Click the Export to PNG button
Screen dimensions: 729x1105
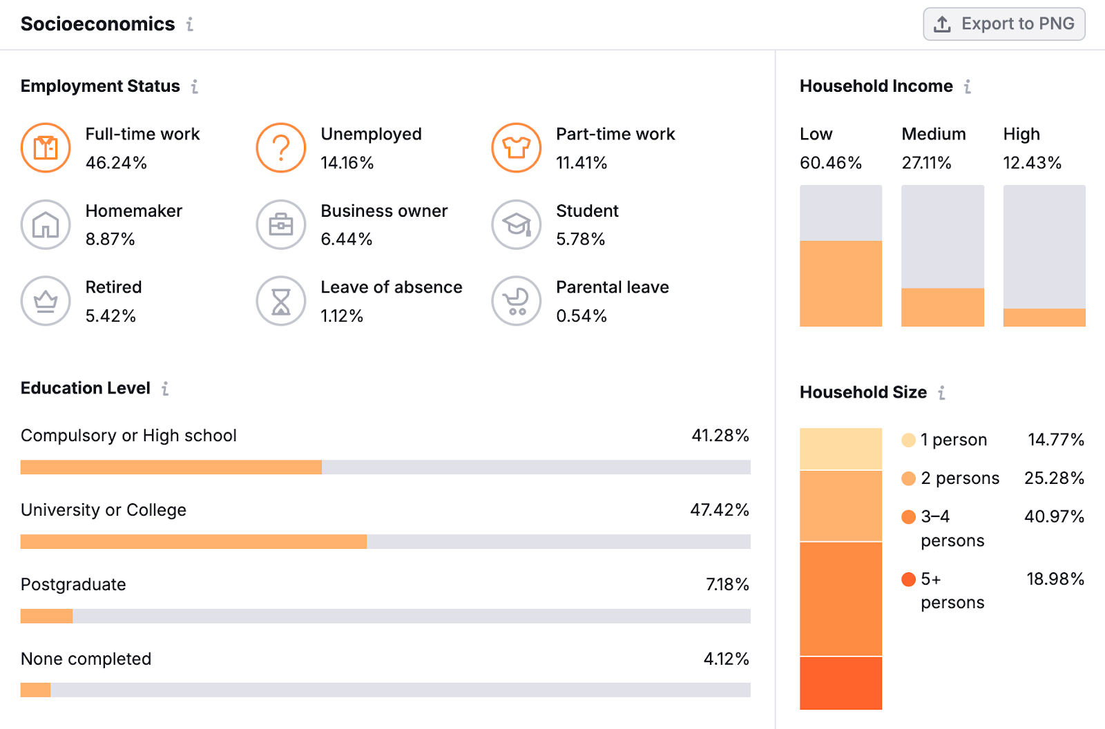click(x=1003, y=24)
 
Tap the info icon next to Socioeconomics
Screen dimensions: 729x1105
click(x=190, y=24)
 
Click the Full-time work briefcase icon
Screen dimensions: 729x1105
click(x=46, y=148)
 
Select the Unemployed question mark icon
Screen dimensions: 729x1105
click(x=281, y=148)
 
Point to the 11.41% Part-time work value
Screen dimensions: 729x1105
click(x=582, y=163)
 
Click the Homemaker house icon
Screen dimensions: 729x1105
click(x=46, y=224)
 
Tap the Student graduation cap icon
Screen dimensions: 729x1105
click(x=517, y=224)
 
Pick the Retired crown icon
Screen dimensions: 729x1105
click(x=46, y=301)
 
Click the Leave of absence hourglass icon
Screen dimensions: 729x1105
click(x=281, y=301)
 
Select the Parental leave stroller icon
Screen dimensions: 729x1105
click(x=517, y=301)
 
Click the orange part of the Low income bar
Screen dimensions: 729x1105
click(x=840, y=283)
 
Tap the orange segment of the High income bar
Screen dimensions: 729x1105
click(x=1044, y=318)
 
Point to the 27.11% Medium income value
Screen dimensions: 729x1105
click(x=926, y=163)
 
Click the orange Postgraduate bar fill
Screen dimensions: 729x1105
click(x=46, y=616)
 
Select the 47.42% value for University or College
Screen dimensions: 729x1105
click(x=719, y=510)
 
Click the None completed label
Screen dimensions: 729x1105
click(x=86, y=659)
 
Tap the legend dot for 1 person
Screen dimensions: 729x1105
click(x=908, y=440)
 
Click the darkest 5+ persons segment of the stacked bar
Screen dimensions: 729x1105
click(x=840, y=683)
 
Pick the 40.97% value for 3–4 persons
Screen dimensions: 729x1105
click(x=1054, y=516)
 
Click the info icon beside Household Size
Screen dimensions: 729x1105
click(x=941, y=393)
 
